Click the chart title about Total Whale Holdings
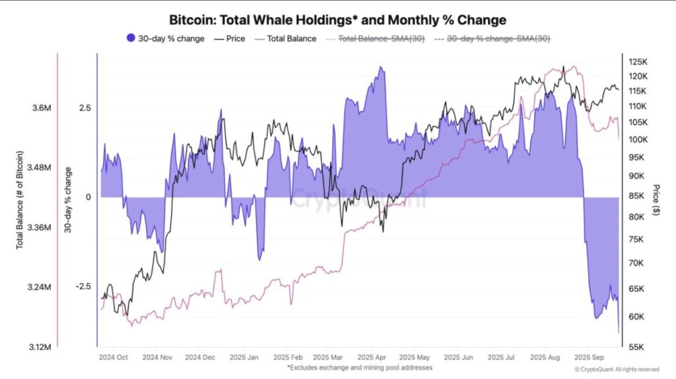point(337,20)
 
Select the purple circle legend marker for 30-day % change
point(130,38)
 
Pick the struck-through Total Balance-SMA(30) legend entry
point(378,38)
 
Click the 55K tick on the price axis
point(636,347)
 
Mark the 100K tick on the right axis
point(638,139)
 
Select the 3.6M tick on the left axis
point(40,108)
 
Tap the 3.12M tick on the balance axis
point(38,347)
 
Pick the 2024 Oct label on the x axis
point(113,357)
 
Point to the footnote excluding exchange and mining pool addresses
point(359,366)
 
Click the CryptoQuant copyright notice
point(617,369)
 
